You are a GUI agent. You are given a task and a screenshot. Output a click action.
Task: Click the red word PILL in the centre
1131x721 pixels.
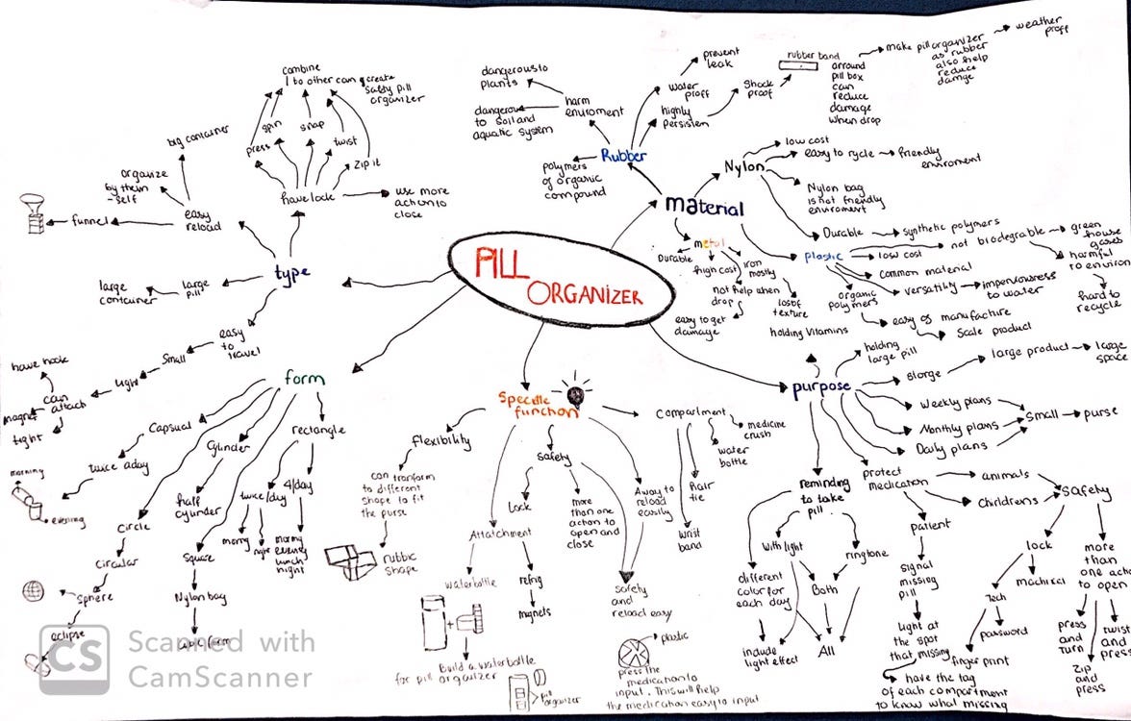(500, 261)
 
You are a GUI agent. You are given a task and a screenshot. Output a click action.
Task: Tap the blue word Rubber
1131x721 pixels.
(623, 155)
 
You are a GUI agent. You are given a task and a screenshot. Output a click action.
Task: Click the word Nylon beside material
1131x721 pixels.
(742, 168)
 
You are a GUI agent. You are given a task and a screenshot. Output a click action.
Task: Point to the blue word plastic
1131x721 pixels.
(823, 257)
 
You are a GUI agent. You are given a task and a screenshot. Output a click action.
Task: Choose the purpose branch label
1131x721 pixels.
(820, 387)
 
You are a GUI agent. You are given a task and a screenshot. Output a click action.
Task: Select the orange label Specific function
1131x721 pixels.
(537, 404)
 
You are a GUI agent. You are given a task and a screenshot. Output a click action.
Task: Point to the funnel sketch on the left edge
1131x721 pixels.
(33, 216)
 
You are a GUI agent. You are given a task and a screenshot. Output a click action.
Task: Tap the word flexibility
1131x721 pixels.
(441, 441)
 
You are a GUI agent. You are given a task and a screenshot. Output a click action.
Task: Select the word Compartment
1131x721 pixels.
(691, 413)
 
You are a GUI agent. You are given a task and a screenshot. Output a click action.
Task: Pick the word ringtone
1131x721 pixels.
(867, 555)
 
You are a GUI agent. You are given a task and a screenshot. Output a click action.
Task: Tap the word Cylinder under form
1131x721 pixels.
(228, 449)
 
